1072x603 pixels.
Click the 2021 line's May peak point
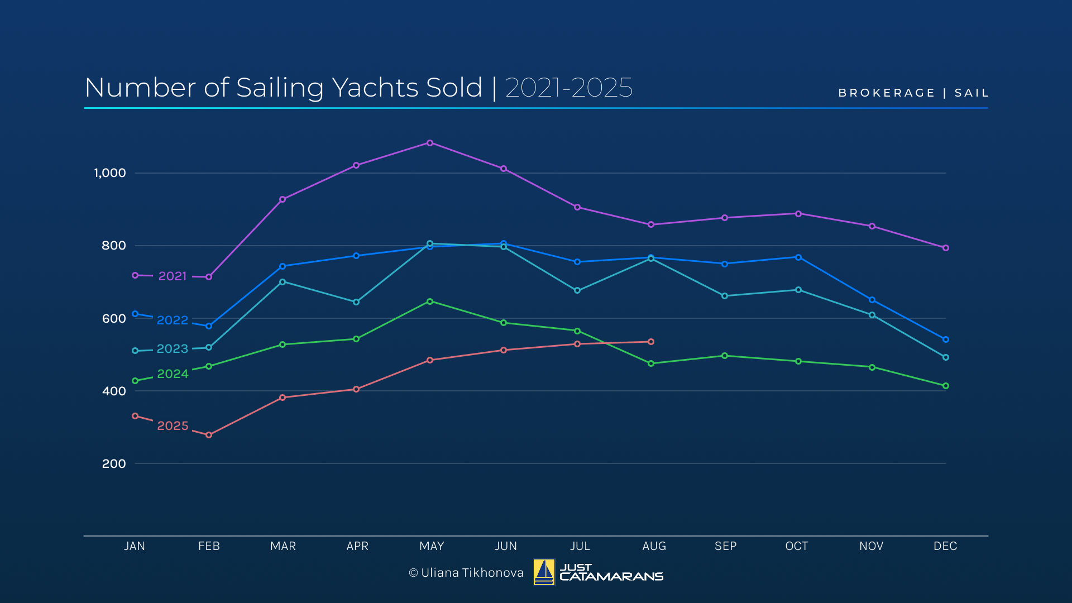click(430, 143)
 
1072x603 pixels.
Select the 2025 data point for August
click(651, 342)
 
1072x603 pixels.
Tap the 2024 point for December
click(946, 386)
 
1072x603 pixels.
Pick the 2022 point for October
click(798, 257)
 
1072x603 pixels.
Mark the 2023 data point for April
click(356, 302)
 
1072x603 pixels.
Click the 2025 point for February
click(209, 435)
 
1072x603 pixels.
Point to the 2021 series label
click(173, 276)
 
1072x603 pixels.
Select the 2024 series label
click(173, 374)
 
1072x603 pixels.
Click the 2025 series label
click(173, 426)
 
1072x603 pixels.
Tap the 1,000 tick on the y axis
click(110, 173)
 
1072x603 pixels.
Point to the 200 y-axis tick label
click(114, 463)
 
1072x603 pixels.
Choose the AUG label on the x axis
click(654, 546)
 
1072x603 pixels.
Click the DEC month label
click(945, 546)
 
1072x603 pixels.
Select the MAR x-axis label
click(283, 546)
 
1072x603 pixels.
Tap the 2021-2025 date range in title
click(569, 88)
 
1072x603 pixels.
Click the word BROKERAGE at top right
click(887, 93)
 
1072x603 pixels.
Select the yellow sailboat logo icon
click(544, 572)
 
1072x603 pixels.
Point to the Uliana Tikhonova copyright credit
click(466, 573)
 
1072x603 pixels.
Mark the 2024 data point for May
click(430, 301)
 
